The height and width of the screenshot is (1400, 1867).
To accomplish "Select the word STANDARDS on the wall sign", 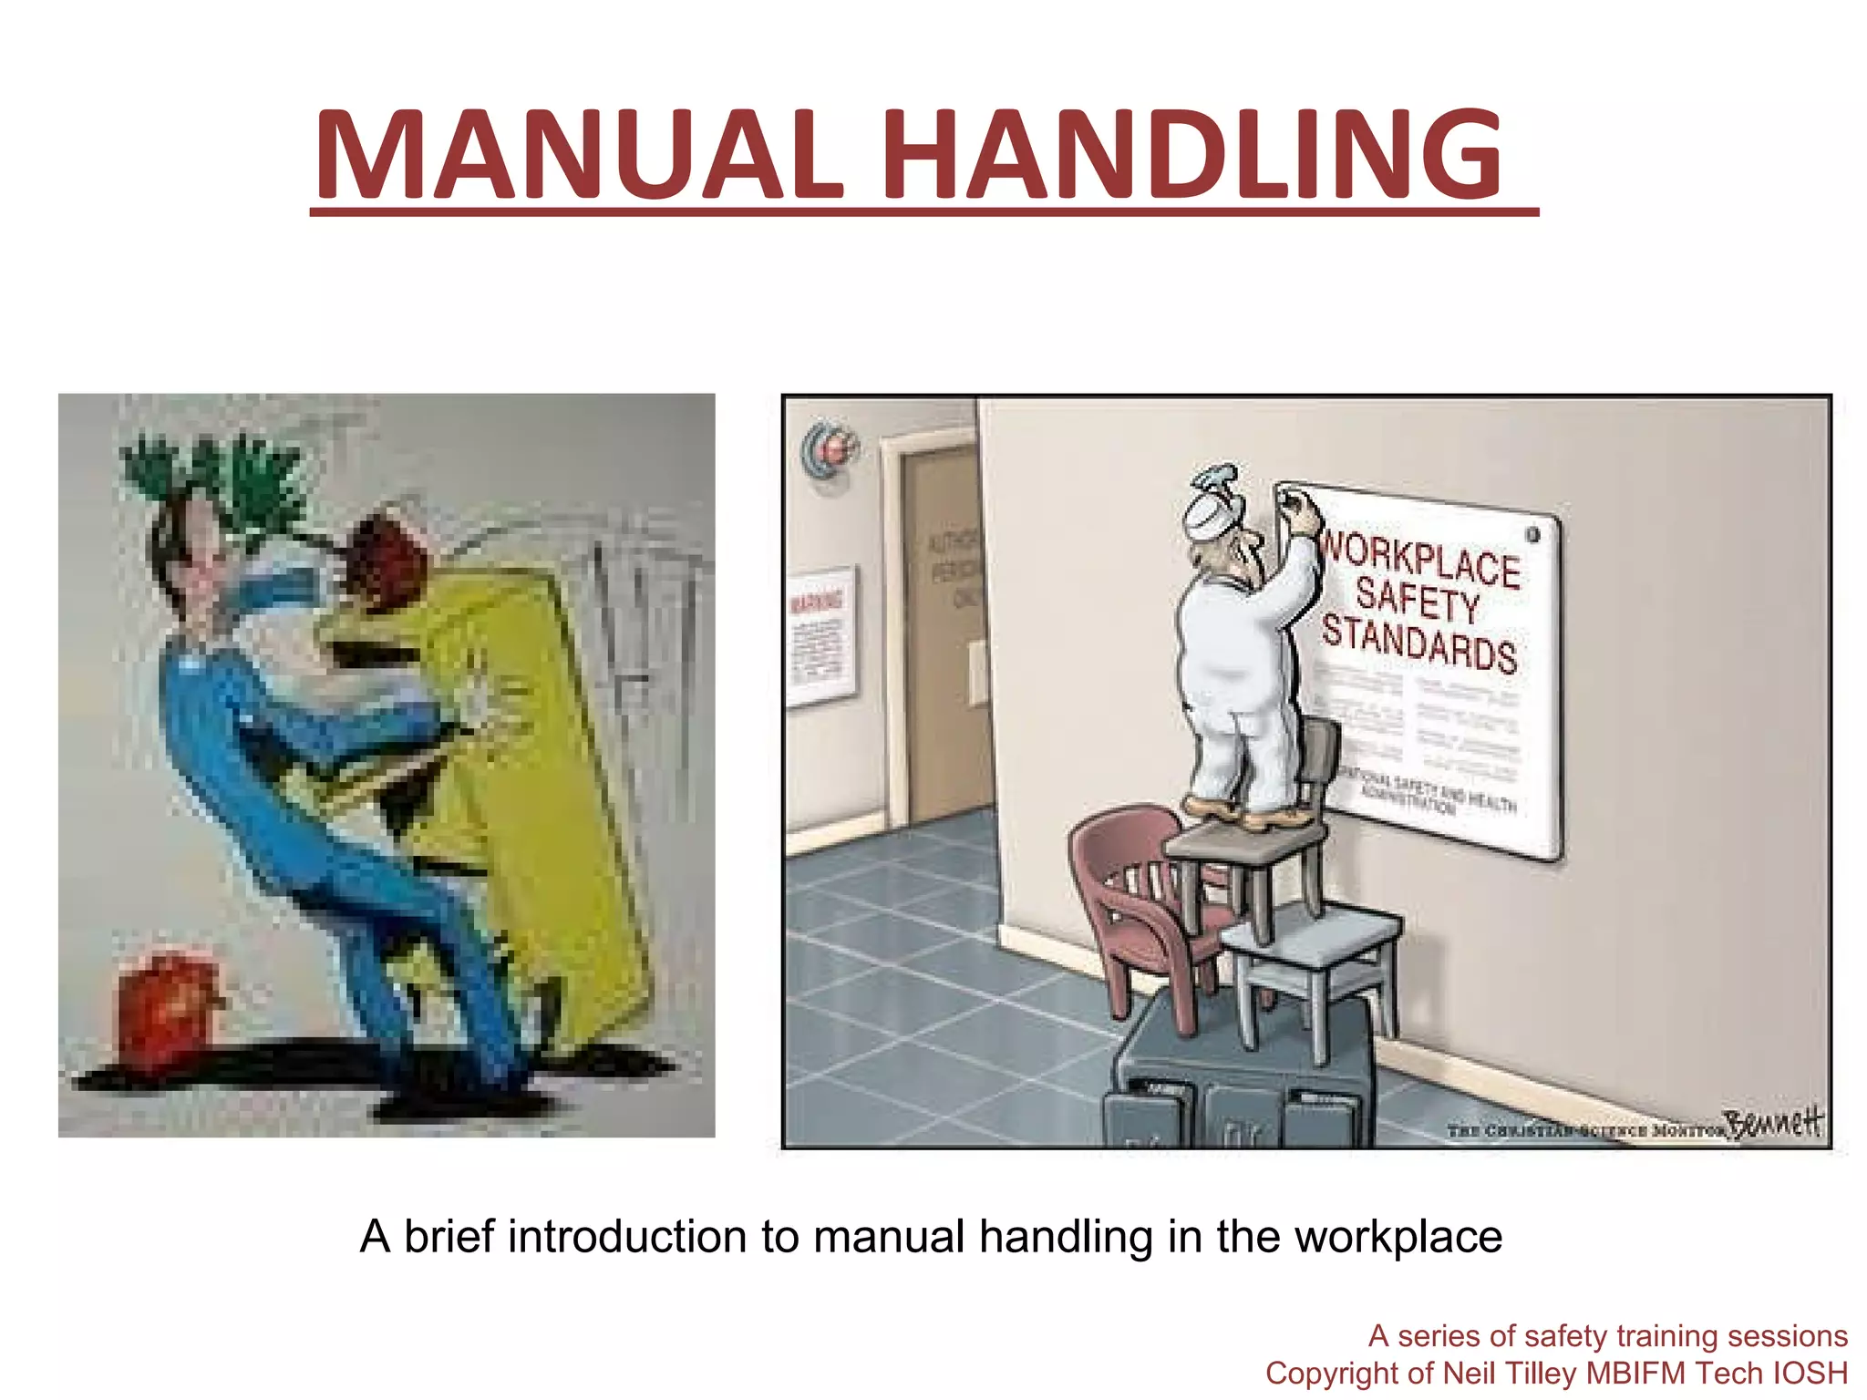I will pos(1419,643).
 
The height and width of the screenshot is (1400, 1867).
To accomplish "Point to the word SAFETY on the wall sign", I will pos(1418,600).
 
